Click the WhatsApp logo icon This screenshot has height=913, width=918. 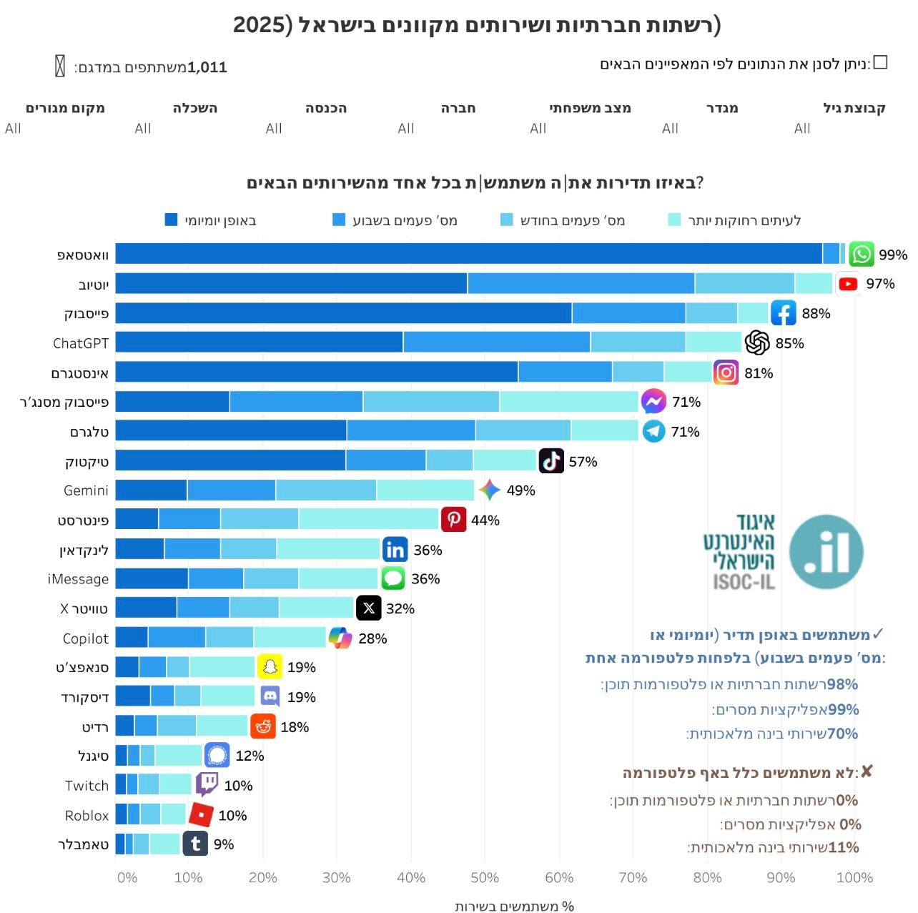pos(862,255)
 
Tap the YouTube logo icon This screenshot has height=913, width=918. pos(848,284)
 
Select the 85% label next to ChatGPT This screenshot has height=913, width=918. pos(789,343)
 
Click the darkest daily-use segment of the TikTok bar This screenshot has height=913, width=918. pos(230,460)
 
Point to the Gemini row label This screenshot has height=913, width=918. pos(86,490)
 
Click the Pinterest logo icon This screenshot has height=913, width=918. pos(454,520)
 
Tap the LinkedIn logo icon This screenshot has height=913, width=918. pos(395,550)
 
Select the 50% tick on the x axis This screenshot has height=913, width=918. pos(484,877)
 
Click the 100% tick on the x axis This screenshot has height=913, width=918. pos(854,877)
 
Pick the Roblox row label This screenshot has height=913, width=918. pos(87,815)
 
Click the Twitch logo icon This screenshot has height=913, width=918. pos(207,784)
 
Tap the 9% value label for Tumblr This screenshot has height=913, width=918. pos(224,844)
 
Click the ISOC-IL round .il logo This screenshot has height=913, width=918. pos(826,551)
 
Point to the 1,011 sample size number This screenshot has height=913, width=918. pos(207,67)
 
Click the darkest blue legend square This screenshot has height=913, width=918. pos(171,219)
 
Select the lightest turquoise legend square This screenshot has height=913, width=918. pos(673,219)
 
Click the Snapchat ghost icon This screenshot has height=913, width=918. pos(270,667)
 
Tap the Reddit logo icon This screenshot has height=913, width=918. pos(263,726)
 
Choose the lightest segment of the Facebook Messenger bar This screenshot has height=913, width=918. pos(568,402)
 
